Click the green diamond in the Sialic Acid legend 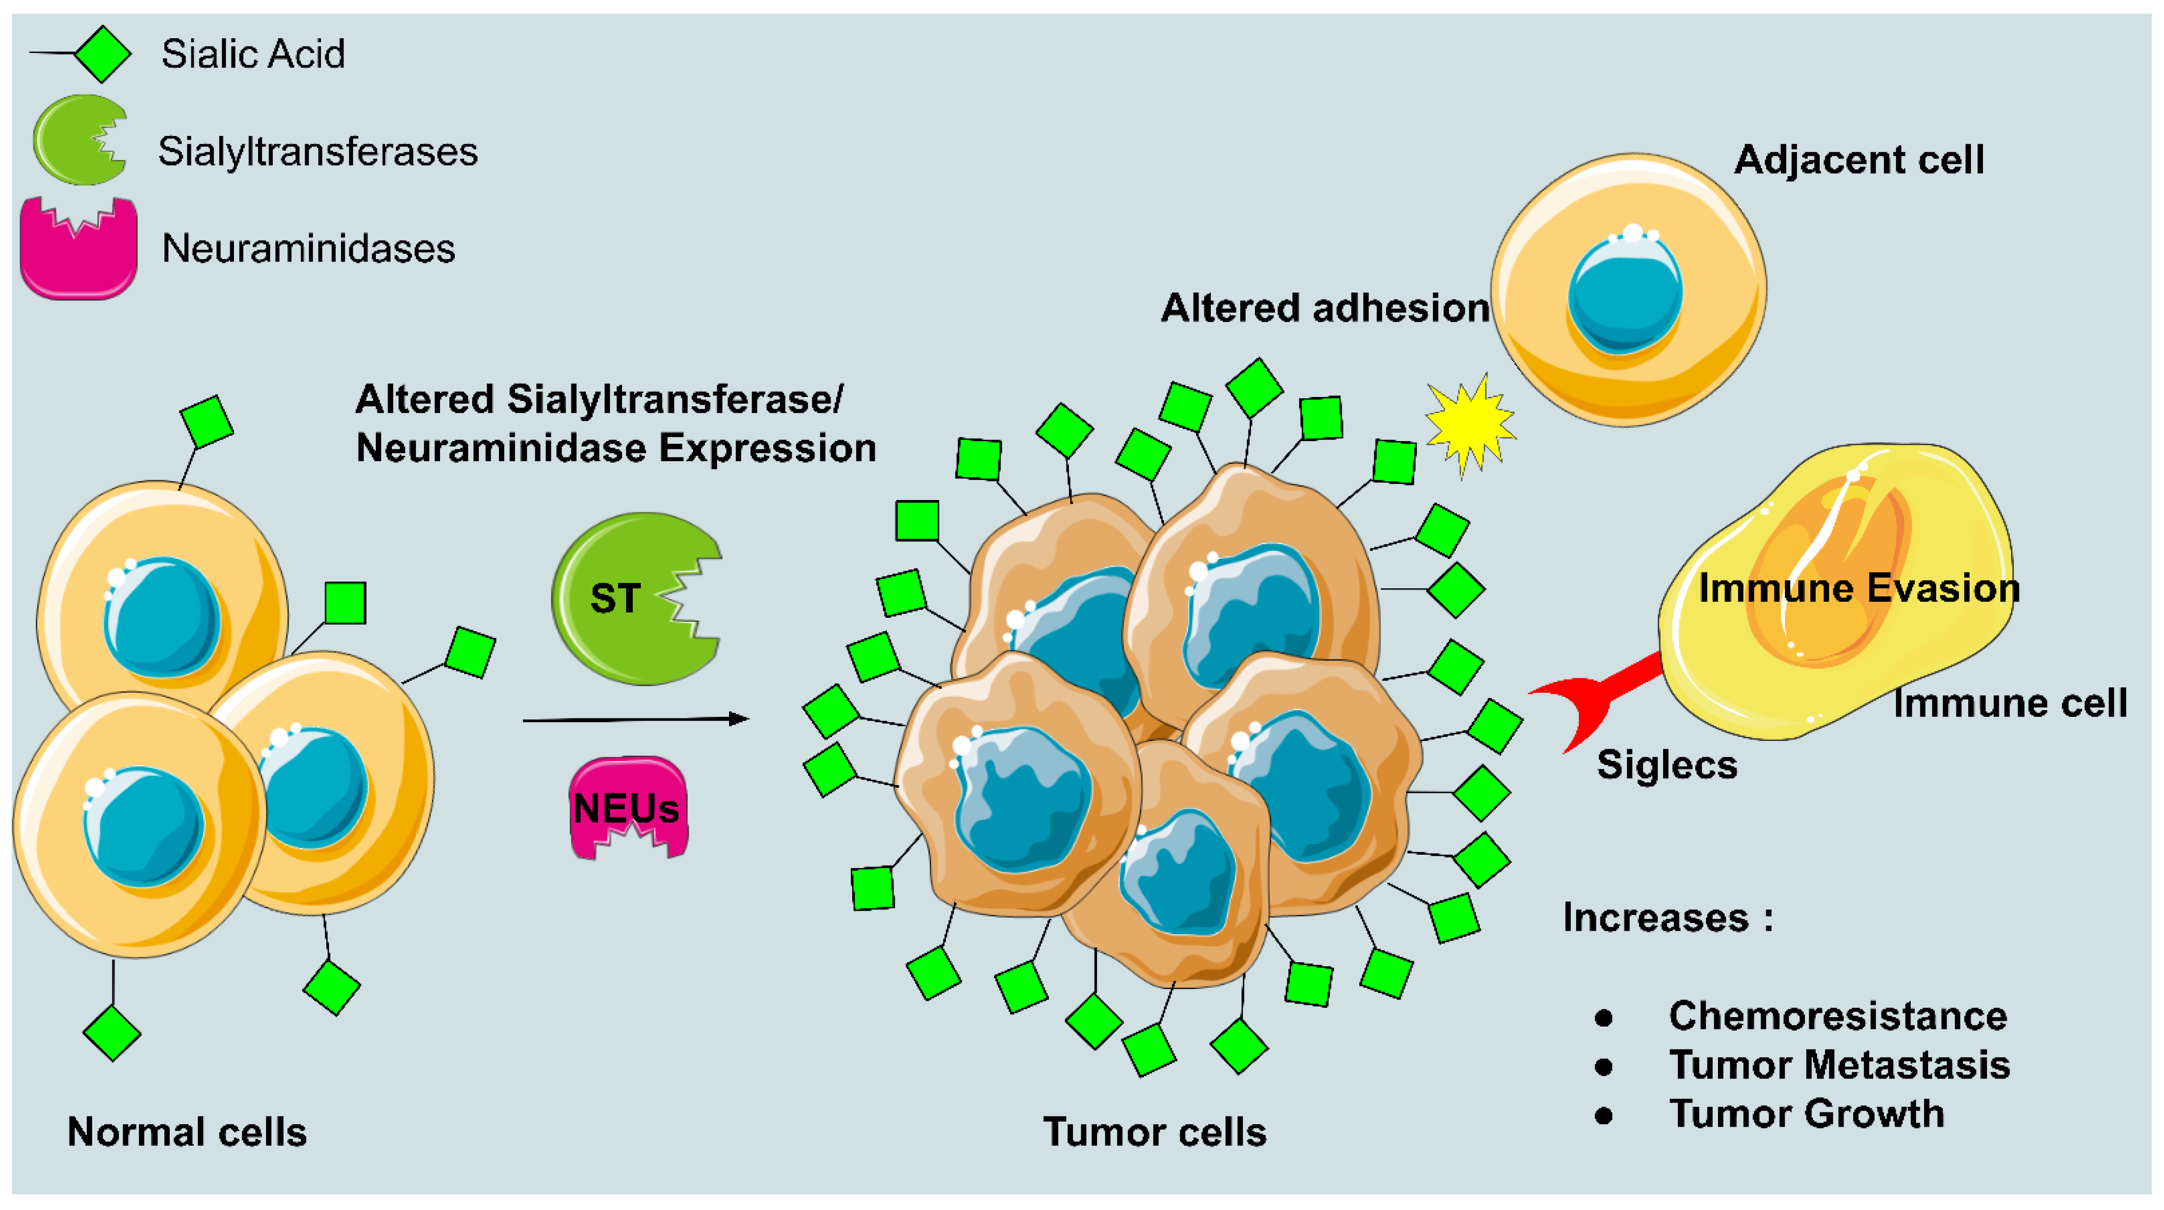pos(103,54)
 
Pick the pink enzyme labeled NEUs pos(627,808)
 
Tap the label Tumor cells pos(1154,1132)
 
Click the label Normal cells pos(186,1132)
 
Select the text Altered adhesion pos(1325,308)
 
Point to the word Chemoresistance pos(1837,1016)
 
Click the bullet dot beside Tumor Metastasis pos(1604,1067)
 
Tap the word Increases pos(1655,918)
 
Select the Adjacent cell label pos(1858,159)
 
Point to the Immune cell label pos(2009,703)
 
